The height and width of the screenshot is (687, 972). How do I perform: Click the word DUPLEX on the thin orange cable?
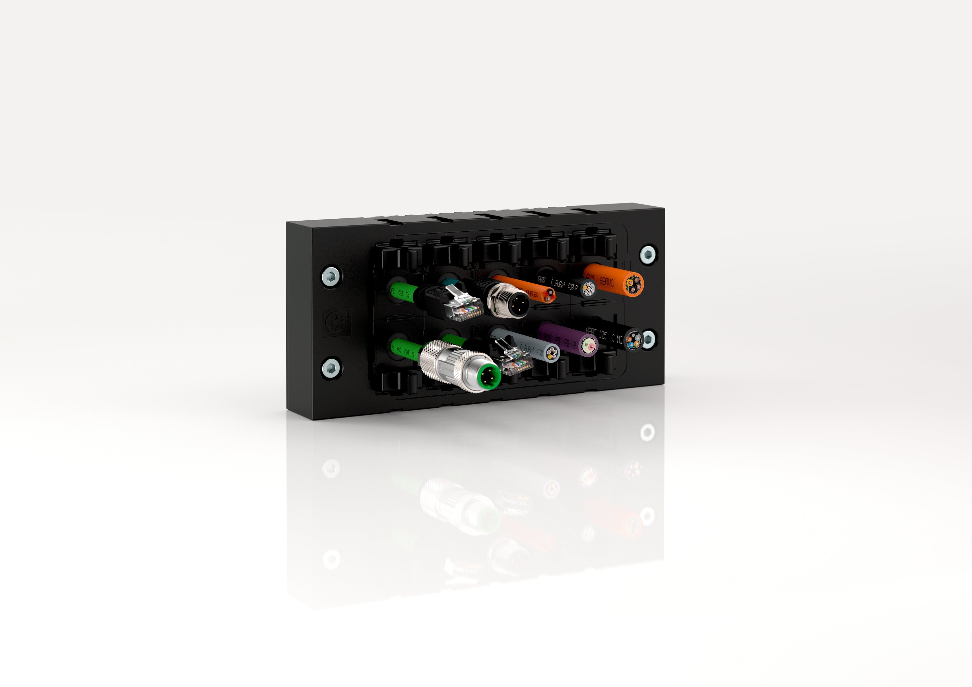click(532, 293)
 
